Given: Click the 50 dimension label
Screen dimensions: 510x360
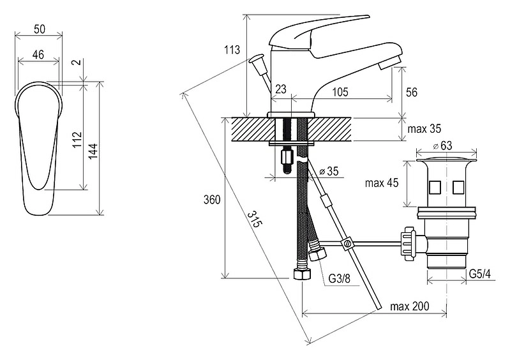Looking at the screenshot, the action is pyautogui.click(x=40, y=29).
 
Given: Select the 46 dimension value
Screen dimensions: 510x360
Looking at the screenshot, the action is pyautogui.click(x=38, y=54).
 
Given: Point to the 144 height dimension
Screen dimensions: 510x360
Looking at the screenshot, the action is pyautogui.click(x=93, y=151).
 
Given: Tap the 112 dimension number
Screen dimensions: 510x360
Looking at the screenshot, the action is pyautogui.click(x=77, y=140).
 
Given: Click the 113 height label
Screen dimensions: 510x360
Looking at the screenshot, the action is pyautogui.click(x=232, y=50).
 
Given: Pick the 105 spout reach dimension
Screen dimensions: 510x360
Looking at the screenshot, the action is pyautogui.click(x=340, y=92).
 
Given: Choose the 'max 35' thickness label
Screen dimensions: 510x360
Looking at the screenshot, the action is pyautogui.click(x=424, y=129).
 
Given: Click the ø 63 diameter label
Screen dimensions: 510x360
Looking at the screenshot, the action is pyautogui.click(x=443, y=146).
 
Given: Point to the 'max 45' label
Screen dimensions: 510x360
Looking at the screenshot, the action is pyautogui.click(x=382, y=183).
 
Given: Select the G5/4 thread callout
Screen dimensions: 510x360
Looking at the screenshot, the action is pyautogui.click(x=479, y=274).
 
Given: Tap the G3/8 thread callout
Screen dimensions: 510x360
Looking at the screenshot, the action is pyautogui.click(x=340, y=278).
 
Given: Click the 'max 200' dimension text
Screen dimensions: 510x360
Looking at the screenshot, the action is pyautogui.click(x=410, y=306).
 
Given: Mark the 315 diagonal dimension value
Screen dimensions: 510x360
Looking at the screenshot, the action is pyautogui.click(x=255, y=219).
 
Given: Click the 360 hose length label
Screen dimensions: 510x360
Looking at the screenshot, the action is pyautogui.click(x=212, y=199).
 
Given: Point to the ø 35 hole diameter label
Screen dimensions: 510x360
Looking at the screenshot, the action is pyautogui.click(x=329, y=171).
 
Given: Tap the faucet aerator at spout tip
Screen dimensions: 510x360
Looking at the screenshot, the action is pyautogui.click(x=389, y=62).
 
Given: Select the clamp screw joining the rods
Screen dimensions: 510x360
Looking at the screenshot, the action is pyautogui.click(x=347, y=244).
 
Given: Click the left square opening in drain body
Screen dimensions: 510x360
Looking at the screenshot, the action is pyautogui.click(x=435, y=187).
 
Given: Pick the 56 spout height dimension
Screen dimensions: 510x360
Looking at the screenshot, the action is pyautogui.click(x=412, y=92).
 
